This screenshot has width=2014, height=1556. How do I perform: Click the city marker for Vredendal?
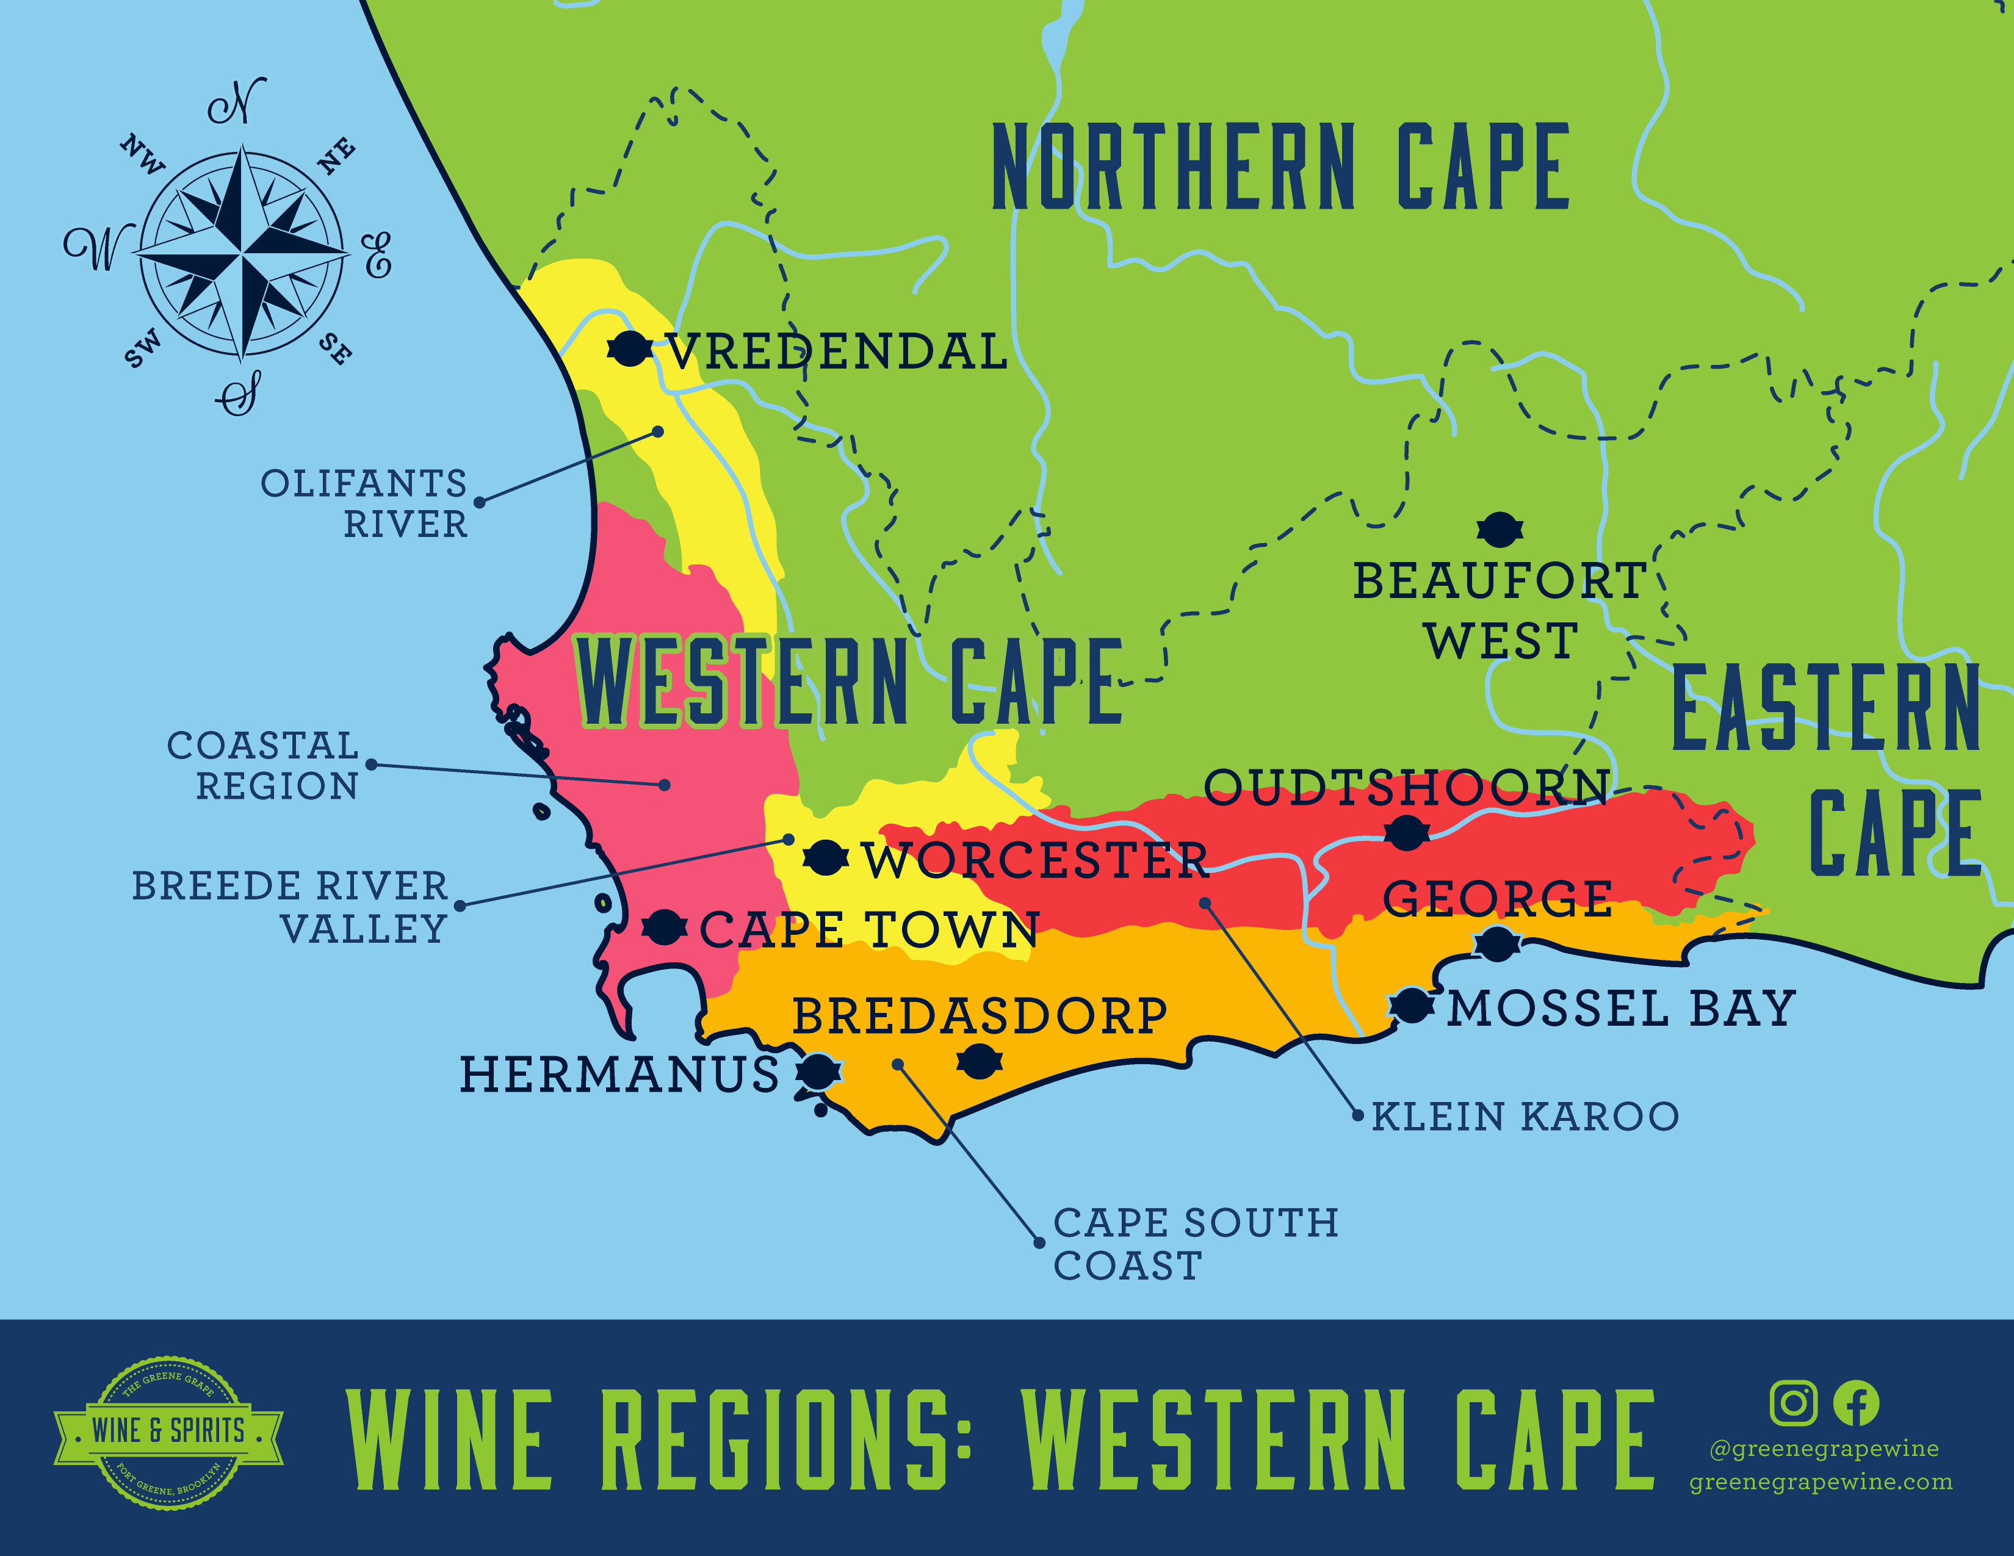coord(629,350)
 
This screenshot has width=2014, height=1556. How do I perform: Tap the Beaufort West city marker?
coord(1500,529)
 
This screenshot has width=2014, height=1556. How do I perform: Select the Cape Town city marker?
coord(663,927)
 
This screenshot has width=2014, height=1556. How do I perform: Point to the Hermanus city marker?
coord(818,1072)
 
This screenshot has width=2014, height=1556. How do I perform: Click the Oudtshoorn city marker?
coord(1406,832)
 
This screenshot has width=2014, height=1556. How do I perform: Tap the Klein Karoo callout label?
coord(1525,1116)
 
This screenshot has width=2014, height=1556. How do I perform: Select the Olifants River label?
coord(365,503)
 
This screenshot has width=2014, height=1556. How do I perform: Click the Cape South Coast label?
coord(1195,1244)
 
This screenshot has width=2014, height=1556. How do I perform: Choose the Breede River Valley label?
coord(291,907)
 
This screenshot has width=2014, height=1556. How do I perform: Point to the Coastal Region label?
coord(264,765)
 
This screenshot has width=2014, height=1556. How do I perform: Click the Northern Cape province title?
coord(1280,168)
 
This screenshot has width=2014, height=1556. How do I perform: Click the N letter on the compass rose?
coord(236,101)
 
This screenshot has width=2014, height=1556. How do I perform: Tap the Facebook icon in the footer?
coord(1855,1403)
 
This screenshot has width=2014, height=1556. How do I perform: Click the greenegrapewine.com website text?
coord(1821,1482)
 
